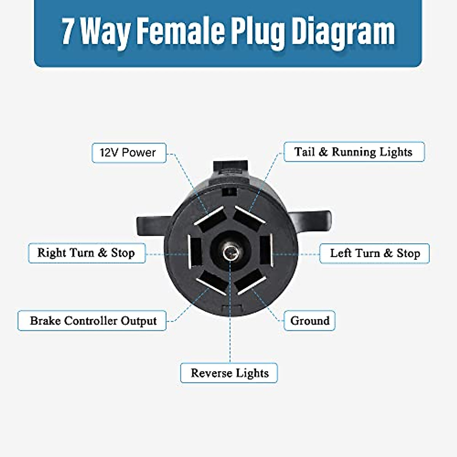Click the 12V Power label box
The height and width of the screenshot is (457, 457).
129,153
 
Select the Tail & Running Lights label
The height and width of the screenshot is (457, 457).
354,152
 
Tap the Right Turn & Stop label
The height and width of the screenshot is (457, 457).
86,253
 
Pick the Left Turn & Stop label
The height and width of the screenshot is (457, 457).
374,254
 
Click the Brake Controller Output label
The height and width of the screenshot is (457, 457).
92,321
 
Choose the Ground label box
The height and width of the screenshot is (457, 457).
310,321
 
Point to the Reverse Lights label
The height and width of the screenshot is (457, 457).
229,373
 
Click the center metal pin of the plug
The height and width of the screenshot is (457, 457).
230,252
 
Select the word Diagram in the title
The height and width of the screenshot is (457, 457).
343,32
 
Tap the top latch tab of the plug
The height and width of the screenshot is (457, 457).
231,168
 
